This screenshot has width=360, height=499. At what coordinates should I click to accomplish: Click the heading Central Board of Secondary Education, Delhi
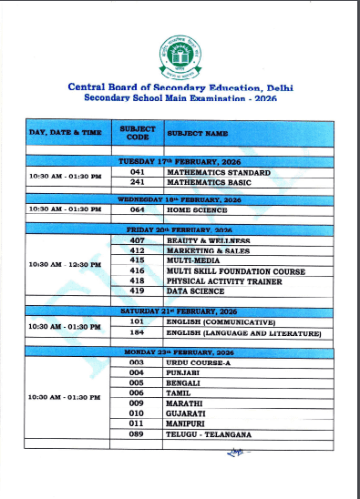180,87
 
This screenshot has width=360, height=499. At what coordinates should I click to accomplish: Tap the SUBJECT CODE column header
137,133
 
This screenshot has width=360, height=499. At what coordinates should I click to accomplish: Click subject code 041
137,170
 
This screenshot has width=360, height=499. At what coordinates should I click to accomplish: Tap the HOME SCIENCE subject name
197,209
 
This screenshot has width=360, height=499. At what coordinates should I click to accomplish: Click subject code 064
137,209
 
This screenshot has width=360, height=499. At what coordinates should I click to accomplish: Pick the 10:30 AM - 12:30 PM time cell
65,264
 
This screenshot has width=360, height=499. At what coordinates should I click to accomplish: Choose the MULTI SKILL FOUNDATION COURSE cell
234,270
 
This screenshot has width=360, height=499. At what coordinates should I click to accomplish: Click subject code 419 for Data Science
137,292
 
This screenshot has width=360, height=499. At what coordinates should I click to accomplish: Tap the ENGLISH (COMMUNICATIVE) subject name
220,322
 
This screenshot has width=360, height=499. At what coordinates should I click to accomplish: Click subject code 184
137,333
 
